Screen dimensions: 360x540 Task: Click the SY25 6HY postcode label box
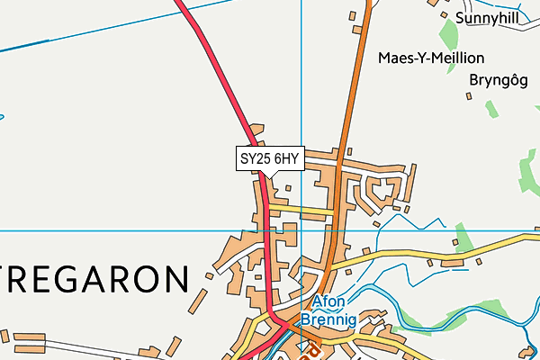[268, 158]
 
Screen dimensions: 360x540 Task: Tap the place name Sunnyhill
[488, 17]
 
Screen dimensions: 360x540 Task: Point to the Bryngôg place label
[496, 79]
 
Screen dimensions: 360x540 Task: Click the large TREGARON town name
[94, 279]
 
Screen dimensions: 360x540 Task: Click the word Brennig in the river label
[328, 319]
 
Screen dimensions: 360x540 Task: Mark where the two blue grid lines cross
[301, 230]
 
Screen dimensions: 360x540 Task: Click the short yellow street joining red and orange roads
[301, 210]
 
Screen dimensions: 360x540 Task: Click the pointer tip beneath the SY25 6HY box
[268, 177]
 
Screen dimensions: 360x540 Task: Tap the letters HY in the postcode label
[289, 158]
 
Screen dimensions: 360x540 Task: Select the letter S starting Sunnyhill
[461, 17]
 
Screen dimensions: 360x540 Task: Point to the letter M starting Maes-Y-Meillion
[384, 58]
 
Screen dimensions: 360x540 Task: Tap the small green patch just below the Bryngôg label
[490, 108]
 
